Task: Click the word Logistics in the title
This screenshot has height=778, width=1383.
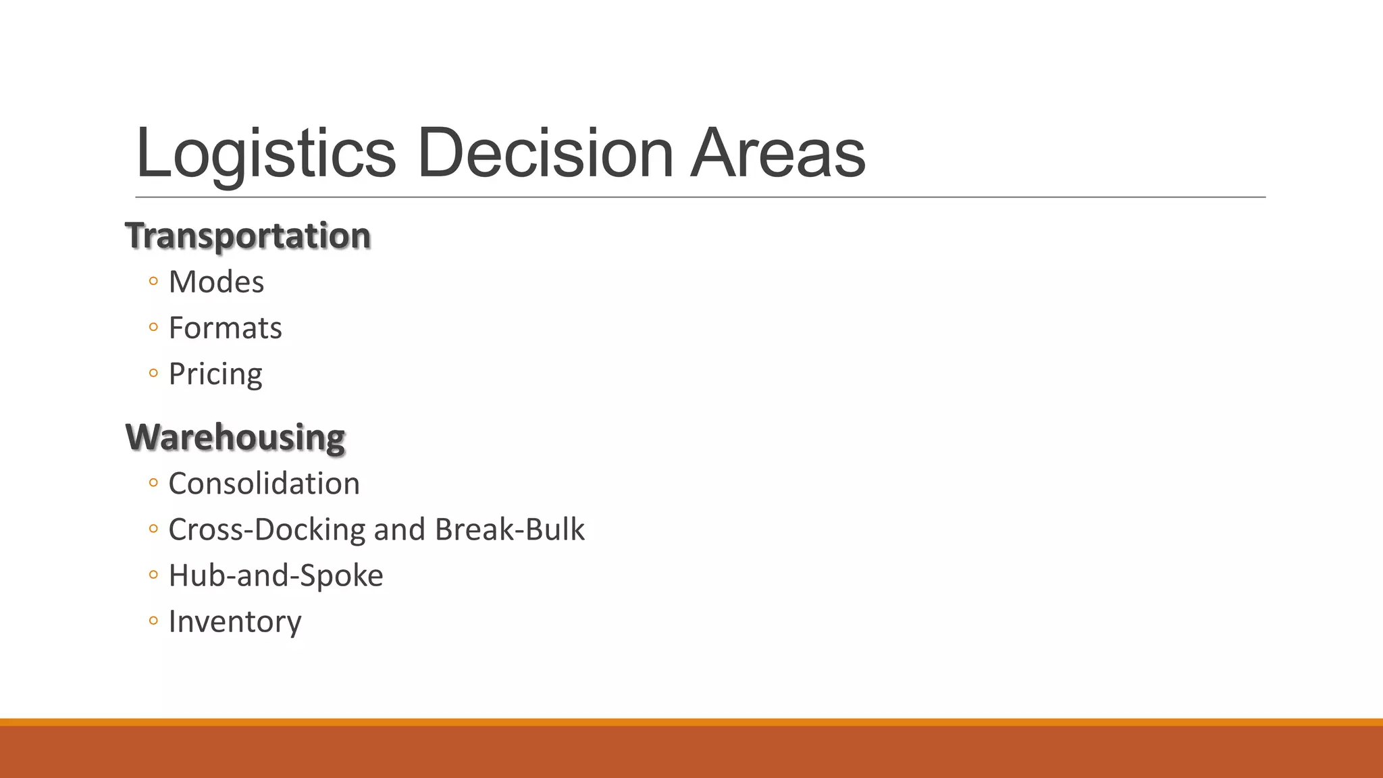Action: coord(265,154)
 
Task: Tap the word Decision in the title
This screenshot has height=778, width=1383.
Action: coord(545,154)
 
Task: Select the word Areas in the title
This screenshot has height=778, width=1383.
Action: coord(777,154)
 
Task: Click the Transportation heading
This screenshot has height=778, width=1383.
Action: coord(248,236)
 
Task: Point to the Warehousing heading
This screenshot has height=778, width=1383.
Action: coord(236,437)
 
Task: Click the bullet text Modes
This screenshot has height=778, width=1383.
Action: coord(216,282)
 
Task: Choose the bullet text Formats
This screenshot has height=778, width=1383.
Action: coord(225,328)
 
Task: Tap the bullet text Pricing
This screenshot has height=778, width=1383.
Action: coord(215,374)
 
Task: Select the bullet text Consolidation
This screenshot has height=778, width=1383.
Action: coord(264,484)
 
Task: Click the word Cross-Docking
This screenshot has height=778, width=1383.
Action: coord(267,529)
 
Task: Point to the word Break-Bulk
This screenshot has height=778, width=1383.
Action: coord(510,529)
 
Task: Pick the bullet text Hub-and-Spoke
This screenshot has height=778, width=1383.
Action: coord(276,575)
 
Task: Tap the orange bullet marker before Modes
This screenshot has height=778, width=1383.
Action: coord(153,282)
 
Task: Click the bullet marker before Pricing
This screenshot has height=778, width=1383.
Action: coord(153,373)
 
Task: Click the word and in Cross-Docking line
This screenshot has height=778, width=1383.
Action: coord(400,529)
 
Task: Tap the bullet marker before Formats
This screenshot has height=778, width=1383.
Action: coord(153,328)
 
